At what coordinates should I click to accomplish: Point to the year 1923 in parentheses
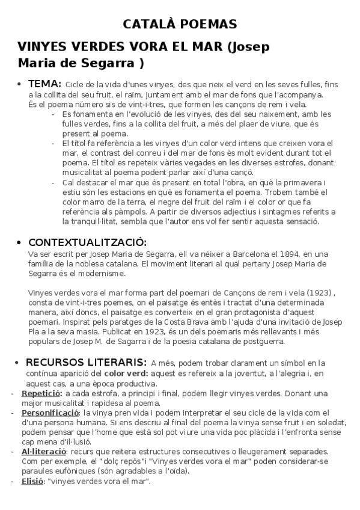coord(322,292)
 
